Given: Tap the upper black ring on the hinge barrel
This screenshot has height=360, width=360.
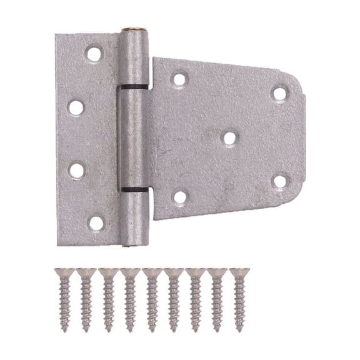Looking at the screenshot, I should [x=134, y=87].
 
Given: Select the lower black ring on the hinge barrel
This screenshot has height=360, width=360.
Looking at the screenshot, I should [x=134, y=189].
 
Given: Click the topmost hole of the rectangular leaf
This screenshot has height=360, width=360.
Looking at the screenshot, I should [x=94, y=54].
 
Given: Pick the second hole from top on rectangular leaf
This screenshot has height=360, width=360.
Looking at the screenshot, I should [x=76, y=107].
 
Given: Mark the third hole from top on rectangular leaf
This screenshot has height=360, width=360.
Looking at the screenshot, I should [x=76, y=170].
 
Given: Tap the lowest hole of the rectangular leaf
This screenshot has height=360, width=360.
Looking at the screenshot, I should [x=96, y=222].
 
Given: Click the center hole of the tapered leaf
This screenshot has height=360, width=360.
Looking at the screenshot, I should [x=229, y=137].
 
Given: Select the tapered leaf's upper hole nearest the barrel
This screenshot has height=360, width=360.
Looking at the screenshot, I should [x=179, y=79].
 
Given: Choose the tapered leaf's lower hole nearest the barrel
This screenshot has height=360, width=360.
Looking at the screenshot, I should [x=179, y=197].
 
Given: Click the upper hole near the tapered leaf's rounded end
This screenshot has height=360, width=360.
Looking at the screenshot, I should [x=279, y=94].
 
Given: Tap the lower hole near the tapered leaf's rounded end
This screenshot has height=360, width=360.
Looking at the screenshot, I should [x=279, y=181].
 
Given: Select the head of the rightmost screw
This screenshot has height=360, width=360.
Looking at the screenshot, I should [x=239, y=273].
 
